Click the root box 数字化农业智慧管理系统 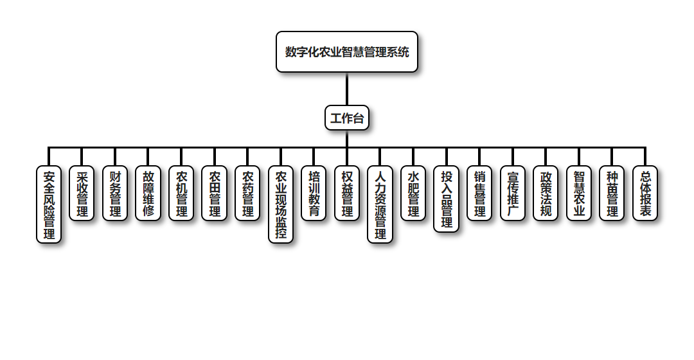click(x=347, y=52)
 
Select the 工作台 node click(x=347, y=118)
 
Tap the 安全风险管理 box click(x=49, y=204)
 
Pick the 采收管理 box click(x=82, y=194)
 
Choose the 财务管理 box click(x=115, y=194)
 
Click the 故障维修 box click(x=148, y=194)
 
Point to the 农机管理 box click(x=181, y=194)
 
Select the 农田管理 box click(x=215, y=194)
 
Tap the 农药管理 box click(x=247, y=194)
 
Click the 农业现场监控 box click(x=281, y=204)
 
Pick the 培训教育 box click(x=314, y=194)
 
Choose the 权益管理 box click(x=347, y=194)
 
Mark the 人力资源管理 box click(x=380, y=204)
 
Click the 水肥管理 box click(x=413, y=194)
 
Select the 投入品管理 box click(x=447, y=199)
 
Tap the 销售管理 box click(x=479, y=194)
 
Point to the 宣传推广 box click(x=513, y=194)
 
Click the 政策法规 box click(x=546, y=194)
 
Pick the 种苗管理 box click(x=612, y=194)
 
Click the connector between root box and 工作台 click(x=347, y=89)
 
